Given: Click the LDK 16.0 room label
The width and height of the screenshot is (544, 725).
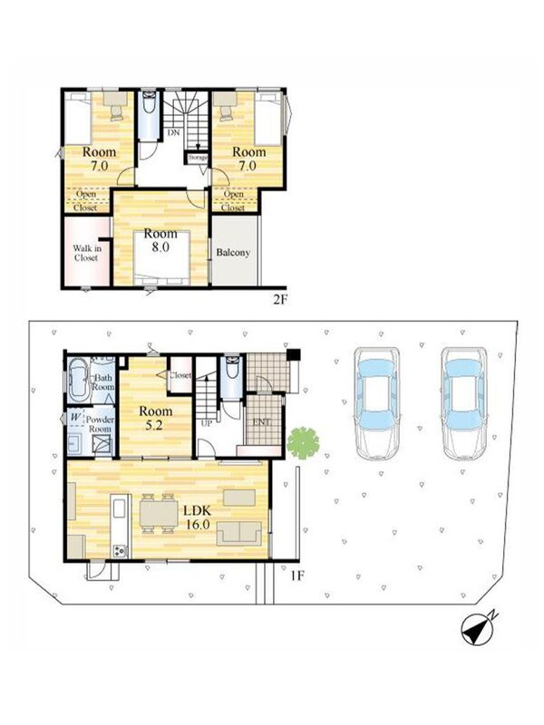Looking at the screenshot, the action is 198,517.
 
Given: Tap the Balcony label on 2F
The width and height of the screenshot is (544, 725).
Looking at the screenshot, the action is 233,253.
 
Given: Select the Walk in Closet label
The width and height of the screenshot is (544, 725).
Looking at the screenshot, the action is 86,253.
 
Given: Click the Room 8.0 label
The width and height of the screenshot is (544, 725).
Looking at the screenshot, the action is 160,240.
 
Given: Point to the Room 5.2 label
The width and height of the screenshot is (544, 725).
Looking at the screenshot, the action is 155,418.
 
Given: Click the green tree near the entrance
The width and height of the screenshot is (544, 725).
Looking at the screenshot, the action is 303,443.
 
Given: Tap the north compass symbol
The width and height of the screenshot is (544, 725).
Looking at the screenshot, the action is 479,629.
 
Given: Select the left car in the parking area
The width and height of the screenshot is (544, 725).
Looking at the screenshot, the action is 377,403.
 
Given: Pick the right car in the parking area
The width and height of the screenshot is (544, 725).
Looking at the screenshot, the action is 464,404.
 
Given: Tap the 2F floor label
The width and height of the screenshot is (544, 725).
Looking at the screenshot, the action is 280,300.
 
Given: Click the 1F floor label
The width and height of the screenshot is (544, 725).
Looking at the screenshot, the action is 297,575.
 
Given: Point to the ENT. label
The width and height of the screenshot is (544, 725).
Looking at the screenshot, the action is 262,422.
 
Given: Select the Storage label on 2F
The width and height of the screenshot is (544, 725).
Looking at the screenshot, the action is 198,157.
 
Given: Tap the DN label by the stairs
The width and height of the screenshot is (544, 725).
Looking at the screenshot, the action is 173,132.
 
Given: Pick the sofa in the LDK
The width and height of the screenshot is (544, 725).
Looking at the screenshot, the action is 239,532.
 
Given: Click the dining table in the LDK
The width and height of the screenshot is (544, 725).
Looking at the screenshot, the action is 158,513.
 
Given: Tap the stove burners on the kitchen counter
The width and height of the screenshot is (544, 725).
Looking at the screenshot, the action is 121,551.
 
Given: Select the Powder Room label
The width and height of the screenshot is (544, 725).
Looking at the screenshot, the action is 100,424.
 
